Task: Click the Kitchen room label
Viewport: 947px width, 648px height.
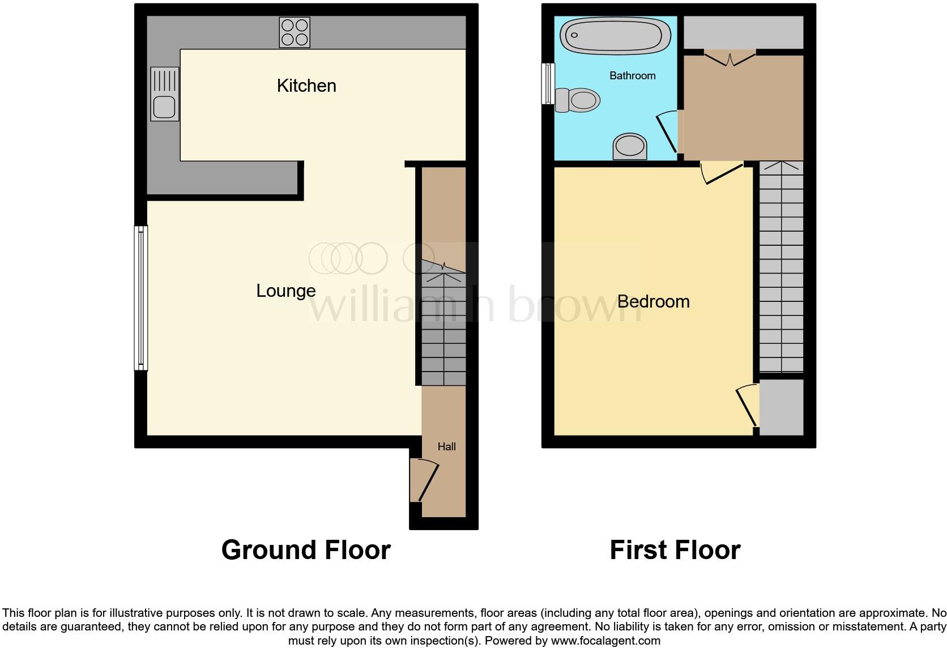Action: click(306, 86)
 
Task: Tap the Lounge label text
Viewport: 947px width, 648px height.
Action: click(286, 291)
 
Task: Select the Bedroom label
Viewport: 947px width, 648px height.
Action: click(653, 301)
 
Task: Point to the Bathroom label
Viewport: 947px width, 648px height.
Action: click(632, 75)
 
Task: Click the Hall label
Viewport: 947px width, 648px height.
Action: click(446, 446)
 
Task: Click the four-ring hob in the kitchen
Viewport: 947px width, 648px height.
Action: click(295, 32)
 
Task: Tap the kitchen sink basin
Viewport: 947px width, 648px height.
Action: click(164, 106)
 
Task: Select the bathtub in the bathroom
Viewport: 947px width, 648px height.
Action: click(615, 36)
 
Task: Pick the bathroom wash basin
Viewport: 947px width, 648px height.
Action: click(630, 147)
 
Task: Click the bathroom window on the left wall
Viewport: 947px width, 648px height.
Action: click(548, 83)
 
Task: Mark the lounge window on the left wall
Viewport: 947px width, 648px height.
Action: click(141, 298)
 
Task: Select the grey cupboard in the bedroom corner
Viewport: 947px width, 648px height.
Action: click(781, 407)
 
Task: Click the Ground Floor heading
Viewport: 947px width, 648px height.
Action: click(306, 550)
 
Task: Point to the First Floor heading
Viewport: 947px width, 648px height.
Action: click(675, 550)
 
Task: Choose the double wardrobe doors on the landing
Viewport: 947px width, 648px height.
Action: click(730, 58)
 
